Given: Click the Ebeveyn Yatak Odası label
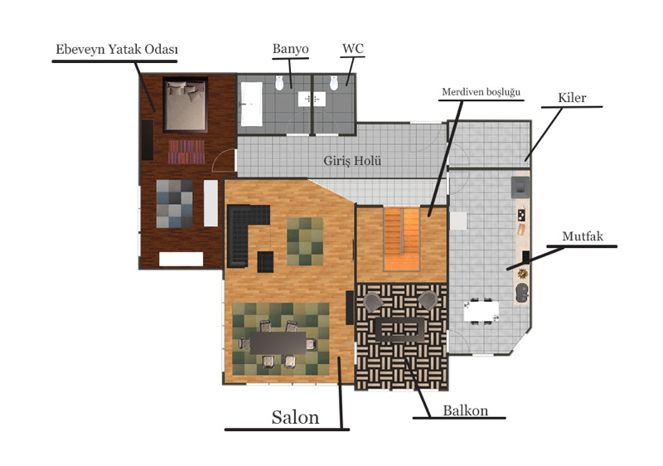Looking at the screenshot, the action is coord(117,50).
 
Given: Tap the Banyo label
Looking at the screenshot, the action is coord(291,49).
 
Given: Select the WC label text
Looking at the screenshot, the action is coord(353,48).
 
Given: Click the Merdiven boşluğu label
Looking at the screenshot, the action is coord(482,92).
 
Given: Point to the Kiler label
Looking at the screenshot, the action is coord(572,98).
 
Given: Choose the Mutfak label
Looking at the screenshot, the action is coord(583,236).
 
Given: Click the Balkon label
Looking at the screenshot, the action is coord(466,410).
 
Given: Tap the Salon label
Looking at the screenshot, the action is coord(295,417).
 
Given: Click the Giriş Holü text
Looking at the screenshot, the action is coord(352,161).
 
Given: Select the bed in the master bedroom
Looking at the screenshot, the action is coord(185,104).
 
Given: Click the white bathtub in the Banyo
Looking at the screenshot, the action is coord(252,104).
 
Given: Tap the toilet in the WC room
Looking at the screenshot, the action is coord(334,83).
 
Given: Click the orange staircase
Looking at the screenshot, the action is coord(402,239).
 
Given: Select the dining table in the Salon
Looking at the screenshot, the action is coord(278,343).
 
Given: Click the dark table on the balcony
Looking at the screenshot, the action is coord(400,329).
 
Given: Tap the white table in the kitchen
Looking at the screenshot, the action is coord(481,312).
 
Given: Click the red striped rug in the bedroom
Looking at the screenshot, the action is coord(186,152).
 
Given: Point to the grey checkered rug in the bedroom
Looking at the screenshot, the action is coord(174,204).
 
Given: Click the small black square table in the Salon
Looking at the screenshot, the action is coord(265,262).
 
